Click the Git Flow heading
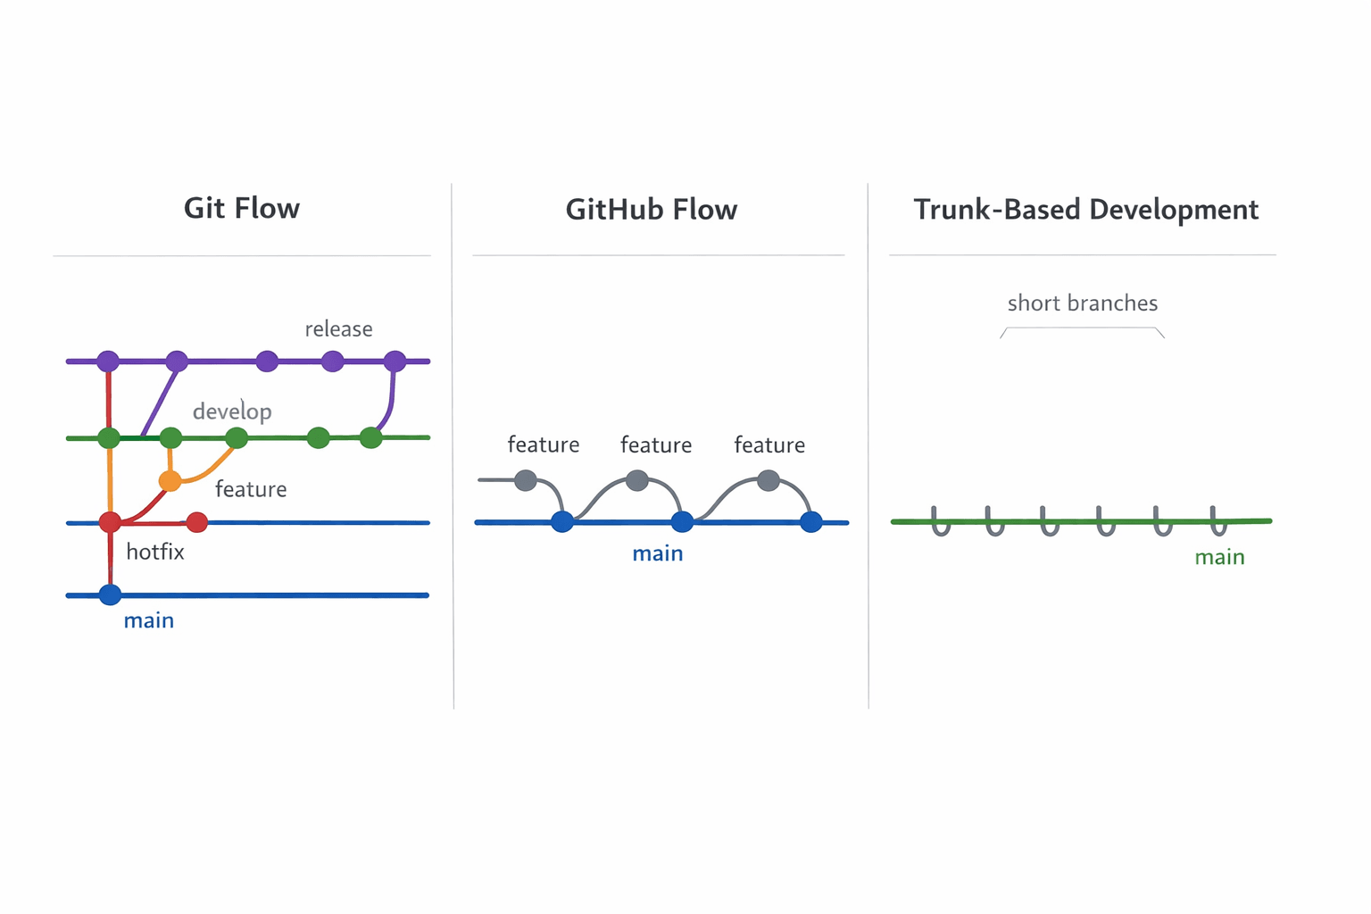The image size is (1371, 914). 242,209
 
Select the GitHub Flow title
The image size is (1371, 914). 652,210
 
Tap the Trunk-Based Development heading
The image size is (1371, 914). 1085,210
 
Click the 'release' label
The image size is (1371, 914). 338,329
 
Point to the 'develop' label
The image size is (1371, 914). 232,411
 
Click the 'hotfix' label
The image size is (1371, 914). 155,552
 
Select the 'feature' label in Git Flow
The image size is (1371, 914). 251,489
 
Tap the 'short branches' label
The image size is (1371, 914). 1082,303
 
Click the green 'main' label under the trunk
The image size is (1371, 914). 1219,557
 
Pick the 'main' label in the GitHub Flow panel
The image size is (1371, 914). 658,553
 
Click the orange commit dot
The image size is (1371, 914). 170,481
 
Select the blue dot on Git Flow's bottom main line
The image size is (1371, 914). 110,594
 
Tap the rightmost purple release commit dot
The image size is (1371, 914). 395,361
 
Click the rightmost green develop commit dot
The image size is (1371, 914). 371,438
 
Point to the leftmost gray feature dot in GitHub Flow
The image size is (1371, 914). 526,481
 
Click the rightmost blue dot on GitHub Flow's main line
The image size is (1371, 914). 810,522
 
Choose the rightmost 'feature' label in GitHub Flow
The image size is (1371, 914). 769,445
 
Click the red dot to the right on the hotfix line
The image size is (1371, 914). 197,522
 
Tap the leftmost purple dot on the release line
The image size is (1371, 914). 108,361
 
